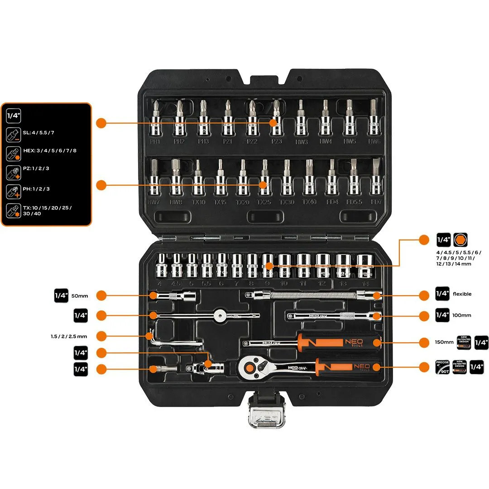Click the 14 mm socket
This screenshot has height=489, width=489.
tap(364, 266)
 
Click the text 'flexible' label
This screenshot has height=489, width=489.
tap(462, 294)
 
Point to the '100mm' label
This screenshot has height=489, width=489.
tap(462, 315)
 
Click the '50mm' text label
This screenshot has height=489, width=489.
tap(80, 296)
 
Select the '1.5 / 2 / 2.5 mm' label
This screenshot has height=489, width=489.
tap(69, 336)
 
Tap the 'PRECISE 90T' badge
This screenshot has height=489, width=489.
tap(442, 367)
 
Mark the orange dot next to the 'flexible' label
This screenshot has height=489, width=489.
tap(424, 296)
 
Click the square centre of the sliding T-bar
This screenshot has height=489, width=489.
tap(220, 314)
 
